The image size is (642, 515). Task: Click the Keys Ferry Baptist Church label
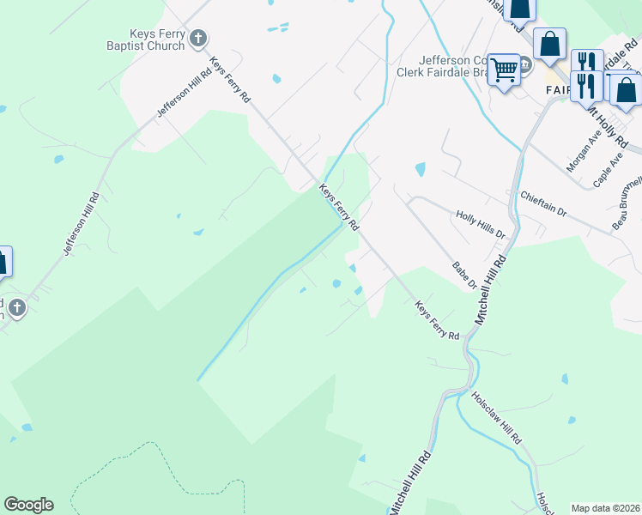pyautogui.click(x=145, y=38)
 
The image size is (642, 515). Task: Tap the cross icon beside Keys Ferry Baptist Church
pyautogui.click(x=198, y=38)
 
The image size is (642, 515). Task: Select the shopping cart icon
pyautogui.click(x=503, y=68)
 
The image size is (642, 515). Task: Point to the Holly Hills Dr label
pyautogui.click(x=481, y=224)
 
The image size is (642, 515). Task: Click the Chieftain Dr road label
pyautogui.click(x=544, y=204)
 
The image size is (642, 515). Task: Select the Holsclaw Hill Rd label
pyautogui.click(x=498, y=418)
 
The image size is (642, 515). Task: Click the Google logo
pyautogui.click(x=28, y=505)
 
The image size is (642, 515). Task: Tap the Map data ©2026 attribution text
pyautogui.click(x=605, y=507)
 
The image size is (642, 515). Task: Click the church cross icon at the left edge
pyautogui.click(x=18, y=307)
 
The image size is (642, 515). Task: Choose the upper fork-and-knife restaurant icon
pyautogui.click(x=586, y=61)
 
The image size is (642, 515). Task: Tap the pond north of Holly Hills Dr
pyautogui.click(x=420, y=169)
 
